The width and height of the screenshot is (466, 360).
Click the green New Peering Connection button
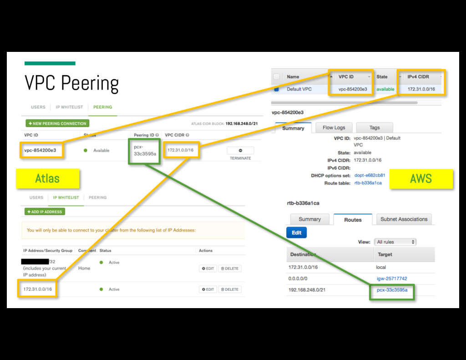(57, 123)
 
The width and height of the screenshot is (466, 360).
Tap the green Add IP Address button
(45, 212)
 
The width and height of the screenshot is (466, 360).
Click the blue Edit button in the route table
(297, 233)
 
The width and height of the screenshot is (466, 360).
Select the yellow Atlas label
(47, 178)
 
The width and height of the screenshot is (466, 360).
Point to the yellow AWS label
(420, 178)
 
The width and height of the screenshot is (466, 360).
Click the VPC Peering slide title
(71, 83)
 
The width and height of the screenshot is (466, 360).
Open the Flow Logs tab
(334, 128)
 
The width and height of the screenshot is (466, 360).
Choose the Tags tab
(375, 128)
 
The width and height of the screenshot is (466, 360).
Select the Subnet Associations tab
(404, 219)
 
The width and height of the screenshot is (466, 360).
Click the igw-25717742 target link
(392, 279)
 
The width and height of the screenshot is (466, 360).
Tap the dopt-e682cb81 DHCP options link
(370, 175)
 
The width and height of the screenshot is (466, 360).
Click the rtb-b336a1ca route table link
(368, 183)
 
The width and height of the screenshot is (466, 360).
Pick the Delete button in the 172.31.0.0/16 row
(230, 289)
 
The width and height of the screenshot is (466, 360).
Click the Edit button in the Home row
(208, 269)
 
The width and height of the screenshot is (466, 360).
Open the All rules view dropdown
(395, 242)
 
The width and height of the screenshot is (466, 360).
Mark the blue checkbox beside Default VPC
(276, 89)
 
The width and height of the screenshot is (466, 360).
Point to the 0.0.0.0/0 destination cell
(298, 279)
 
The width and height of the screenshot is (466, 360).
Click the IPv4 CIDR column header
(419, 77)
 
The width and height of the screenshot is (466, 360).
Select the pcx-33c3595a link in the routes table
(392, 290)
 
